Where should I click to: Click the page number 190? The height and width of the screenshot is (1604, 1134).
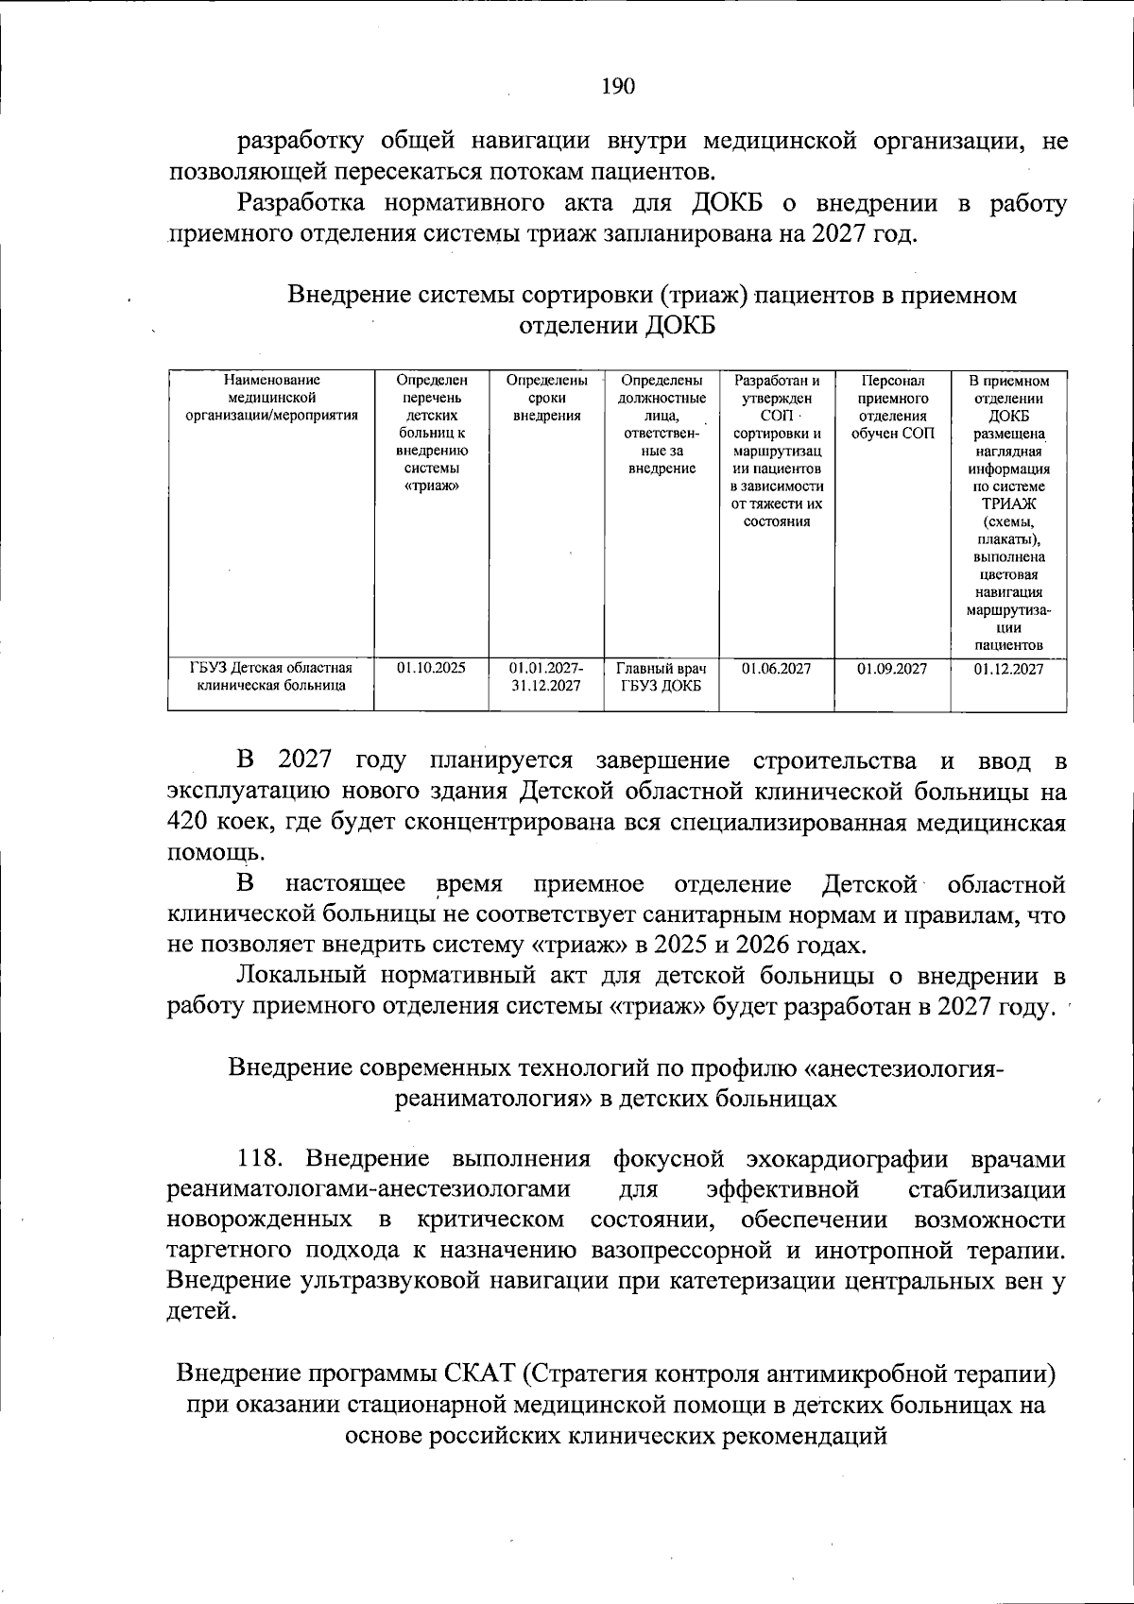[x=618, y=87]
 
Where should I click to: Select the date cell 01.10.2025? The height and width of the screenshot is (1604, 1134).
[x=431, y=668]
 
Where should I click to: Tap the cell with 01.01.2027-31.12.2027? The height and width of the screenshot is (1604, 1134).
[x=545, y=677]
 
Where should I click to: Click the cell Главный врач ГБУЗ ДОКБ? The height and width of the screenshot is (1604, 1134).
[x=661, y=677]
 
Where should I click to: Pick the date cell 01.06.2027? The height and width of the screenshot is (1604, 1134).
[x=776, y=669]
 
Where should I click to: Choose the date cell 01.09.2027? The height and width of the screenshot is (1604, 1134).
[x=892, y=669]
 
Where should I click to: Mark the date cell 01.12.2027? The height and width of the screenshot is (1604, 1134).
[x=1008, y=669]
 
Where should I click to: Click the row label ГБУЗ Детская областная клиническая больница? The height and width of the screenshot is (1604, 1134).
[x=271, y=677]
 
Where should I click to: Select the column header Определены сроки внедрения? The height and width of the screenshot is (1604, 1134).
[x=546, y=398]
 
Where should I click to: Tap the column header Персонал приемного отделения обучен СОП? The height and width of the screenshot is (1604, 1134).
[x=892, y=407]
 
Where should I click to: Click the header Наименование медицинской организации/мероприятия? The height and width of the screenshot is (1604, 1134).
[x=271, y=398]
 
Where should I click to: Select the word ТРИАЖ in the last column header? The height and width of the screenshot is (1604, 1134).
[x=1008, y=504]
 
